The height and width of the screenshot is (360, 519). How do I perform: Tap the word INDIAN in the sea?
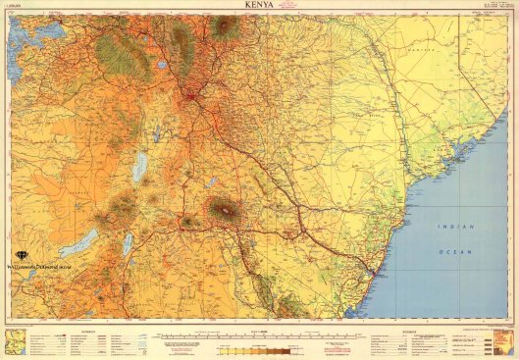(456, 227)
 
